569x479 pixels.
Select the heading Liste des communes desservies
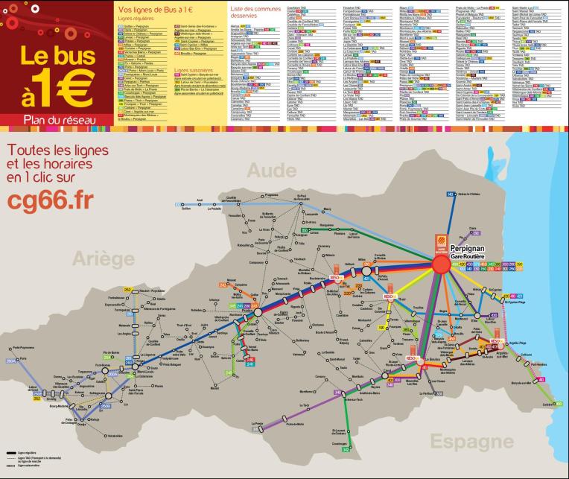(x=252, y=11)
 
